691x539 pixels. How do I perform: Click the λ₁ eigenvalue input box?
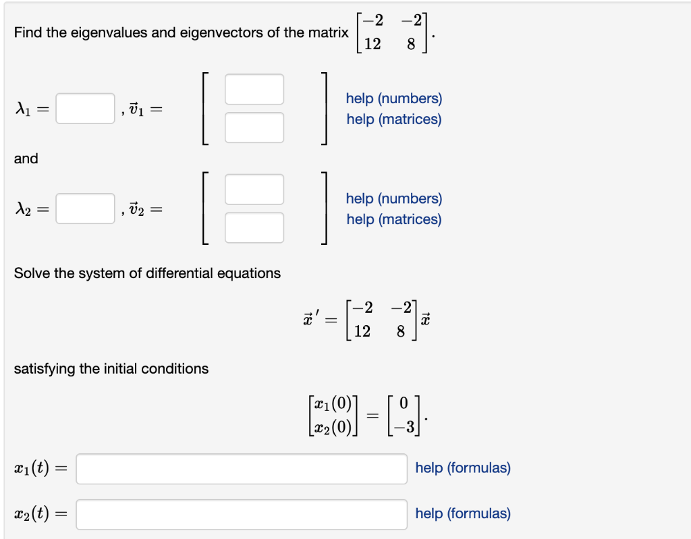[x=85, y=109]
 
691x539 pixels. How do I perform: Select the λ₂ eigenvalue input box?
[x=85, y=208]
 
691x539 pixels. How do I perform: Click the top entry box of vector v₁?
[x=254, y=89]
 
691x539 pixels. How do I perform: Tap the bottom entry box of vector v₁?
[x=254, y=127]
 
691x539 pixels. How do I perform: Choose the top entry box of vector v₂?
[x=254, y=189]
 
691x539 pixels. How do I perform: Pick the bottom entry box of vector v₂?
[x=254, y=227]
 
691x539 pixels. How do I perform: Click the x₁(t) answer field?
[x=241, y=468]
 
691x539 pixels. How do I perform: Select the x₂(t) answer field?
[x=241, y=514]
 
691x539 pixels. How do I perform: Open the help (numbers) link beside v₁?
[x=394, y=98]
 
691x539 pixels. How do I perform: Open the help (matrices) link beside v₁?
[x=394, y=119]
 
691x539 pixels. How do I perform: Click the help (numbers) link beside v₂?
[x=394, y=198]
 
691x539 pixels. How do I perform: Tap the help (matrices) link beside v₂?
[x=394, y=219]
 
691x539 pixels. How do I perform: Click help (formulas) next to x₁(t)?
[x=463, y=467]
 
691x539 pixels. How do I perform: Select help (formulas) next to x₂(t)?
[x=463, y=513]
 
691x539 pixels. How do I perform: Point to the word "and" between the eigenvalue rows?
[x=26, y=159]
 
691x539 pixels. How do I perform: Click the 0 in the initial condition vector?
[x=404, y=403]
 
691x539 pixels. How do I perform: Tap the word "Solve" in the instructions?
[x=32, y=273]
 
